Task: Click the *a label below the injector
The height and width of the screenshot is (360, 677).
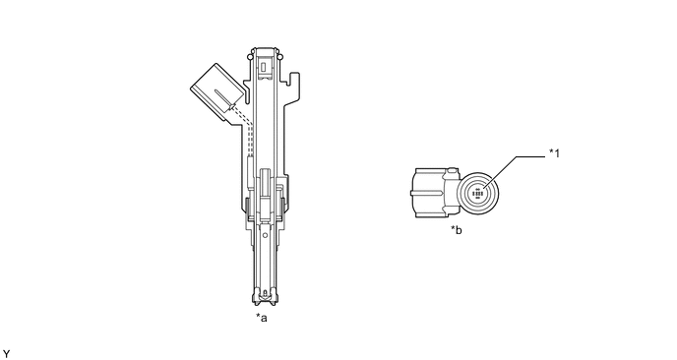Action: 262,318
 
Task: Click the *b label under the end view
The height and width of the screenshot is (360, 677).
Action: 457,230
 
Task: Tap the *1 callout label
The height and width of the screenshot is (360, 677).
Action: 554,153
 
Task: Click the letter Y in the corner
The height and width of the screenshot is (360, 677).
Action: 6,354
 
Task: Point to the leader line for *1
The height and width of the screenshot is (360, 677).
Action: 515,169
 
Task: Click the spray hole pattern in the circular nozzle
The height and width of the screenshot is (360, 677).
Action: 478,194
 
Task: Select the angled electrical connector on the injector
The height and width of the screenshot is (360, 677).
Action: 218,91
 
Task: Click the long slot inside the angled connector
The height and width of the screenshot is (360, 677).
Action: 225,99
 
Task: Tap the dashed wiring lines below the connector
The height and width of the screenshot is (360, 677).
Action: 244,131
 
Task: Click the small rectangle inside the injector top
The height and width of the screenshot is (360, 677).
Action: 264,67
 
